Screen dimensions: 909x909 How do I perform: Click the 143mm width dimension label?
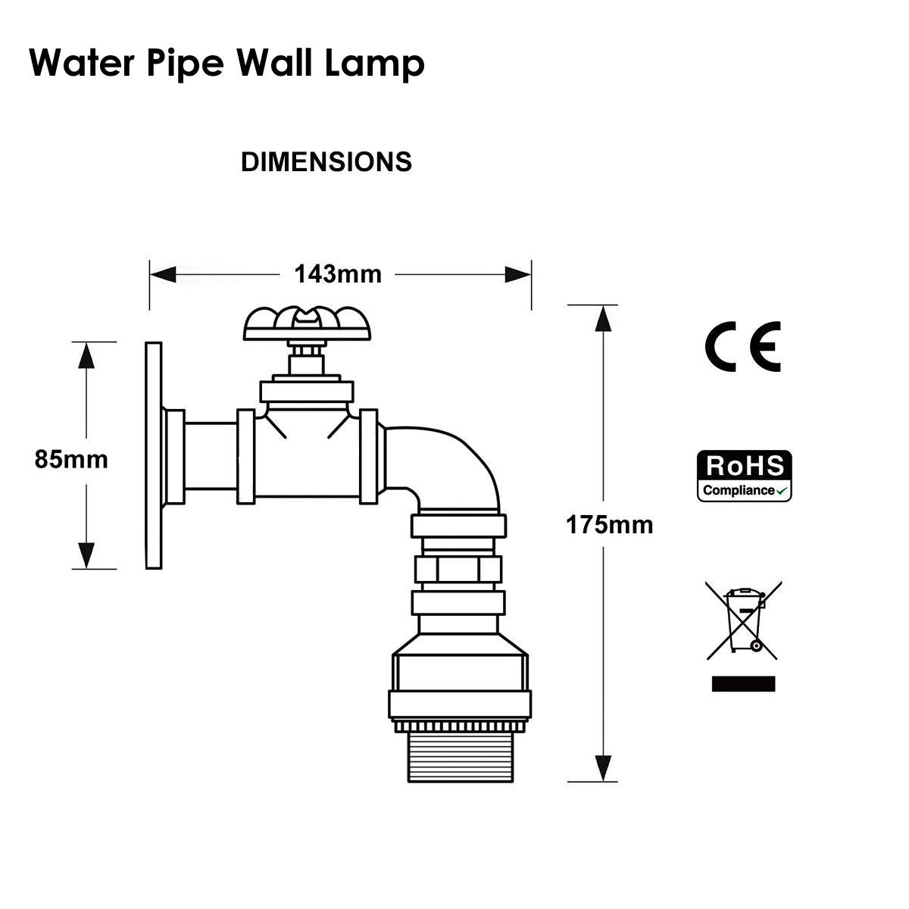coord(338,273)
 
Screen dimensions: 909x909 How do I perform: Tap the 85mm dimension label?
coord(71,459)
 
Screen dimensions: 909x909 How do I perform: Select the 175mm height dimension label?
coord(609,524)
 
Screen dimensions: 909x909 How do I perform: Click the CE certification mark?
coord(742,347)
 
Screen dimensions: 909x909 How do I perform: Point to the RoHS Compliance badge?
coord(744,476)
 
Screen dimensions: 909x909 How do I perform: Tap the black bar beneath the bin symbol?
coord(743,683)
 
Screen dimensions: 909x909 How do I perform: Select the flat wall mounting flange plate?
coord(153,455)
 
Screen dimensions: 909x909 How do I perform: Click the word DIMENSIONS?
coord(326,162)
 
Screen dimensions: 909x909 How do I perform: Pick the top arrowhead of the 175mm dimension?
coord(603,319)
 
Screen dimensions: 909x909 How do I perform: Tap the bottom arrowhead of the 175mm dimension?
coord(603,767)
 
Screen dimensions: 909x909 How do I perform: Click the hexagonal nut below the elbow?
coord(458,569)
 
